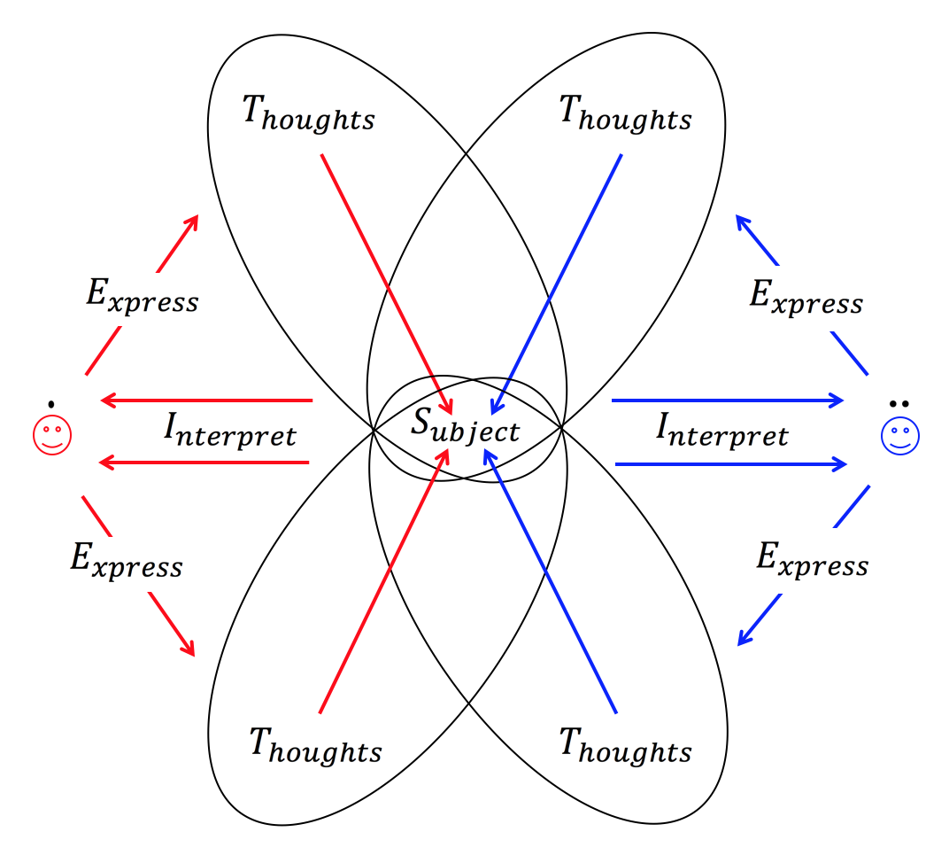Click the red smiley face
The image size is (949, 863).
52,436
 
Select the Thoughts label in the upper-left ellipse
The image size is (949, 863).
308,114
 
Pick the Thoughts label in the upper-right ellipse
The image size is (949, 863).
625,114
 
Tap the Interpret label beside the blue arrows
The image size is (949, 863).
721,431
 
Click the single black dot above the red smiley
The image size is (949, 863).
52,404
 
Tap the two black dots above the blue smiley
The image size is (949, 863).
899,404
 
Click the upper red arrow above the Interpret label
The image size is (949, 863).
207,400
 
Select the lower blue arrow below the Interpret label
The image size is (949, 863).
729,463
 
